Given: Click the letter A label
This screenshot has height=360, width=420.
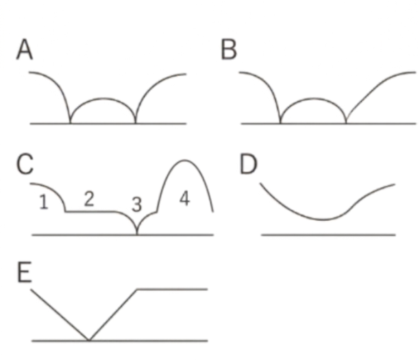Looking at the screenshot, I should [x=25, y=51].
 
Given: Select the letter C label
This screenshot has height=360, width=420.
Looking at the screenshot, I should [x=25, y=165].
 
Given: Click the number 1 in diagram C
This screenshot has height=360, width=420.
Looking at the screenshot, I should [x=44, y=202].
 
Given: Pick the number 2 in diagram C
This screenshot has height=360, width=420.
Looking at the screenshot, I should [x=89, y=200].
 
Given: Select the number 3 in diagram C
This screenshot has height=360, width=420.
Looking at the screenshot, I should [x=136, y=204].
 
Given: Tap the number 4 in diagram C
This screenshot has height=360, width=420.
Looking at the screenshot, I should [x=183, y=199].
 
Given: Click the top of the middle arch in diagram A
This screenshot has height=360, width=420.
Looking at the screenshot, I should [x=103, y=98].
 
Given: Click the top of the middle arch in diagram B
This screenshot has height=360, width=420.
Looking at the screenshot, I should [x=313, y=98].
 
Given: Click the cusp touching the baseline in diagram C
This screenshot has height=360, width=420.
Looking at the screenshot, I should [x=137, y=234].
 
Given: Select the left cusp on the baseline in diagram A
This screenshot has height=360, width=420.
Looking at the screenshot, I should [x=71, y=123].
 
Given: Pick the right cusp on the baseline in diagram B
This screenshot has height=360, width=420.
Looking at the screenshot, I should [x=346, y=123].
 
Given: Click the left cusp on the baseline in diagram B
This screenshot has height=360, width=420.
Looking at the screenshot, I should [x=281, y=123].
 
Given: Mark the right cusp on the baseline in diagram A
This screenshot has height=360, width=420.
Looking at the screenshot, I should [x=135, y=123].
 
